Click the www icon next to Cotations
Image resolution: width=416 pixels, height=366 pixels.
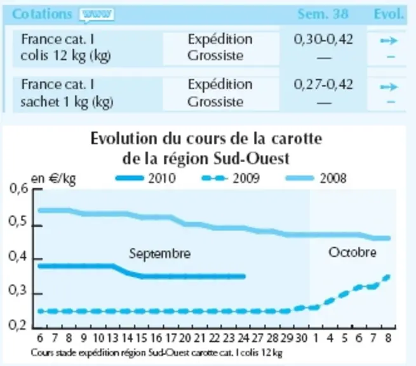[x=97, y=15]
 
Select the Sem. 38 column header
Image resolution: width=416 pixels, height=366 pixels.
[x=323, y=14]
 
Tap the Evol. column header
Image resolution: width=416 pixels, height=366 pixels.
[x=389, y=14]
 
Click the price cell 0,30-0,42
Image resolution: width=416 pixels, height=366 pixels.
[x=323, y=39]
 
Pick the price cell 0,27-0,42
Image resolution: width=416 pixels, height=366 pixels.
[x=323, y=85]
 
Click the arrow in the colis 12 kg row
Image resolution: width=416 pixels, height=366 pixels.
[x=389, y=41]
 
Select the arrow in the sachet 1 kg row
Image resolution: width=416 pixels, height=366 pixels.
[x=389, y=87]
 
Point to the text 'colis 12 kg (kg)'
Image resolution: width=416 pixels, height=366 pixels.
[x=65, y=56]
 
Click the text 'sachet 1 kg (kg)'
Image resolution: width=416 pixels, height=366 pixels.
[x=67, y=102]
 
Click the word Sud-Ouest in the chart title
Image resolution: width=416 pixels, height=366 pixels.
[x=252, y=159]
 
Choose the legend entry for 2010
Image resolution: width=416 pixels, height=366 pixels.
[x=145, y=178]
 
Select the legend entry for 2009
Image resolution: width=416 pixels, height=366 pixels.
[x=231, y=178]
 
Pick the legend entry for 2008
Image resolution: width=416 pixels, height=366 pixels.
[x=316, y=178]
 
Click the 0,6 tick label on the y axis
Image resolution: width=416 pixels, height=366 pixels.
[x=18, y=189]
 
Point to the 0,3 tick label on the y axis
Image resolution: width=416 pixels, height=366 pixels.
[x=18, y=290]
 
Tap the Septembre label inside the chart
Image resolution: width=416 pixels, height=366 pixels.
[x=159, y=254]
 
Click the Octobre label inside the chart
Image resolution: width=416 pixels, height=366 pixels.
[x=352, y=252]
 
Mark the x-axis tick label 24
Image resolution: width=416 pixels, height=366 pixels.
[x=243, y=338]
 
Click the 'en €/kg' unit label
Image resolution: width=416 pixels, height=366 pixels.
[x=53, y=179]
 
